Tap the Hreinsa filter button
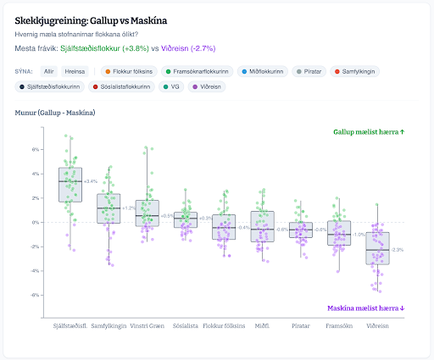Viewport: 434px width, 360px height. pos(76,71)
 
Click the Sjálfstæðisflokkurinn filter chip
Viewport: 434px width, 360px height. pos(51,86)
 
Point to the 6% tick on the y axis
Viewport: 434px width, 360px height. pos(37,150)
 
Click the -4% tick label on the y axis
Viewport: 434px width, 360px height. pos(36,271)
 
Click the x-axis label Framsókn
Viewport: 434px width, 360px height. pos(340,325)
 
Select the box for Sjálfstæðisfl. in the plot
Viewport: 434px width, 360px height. pos(70,184)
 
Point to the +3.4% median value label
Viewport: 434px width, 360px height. pos(91,181)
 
